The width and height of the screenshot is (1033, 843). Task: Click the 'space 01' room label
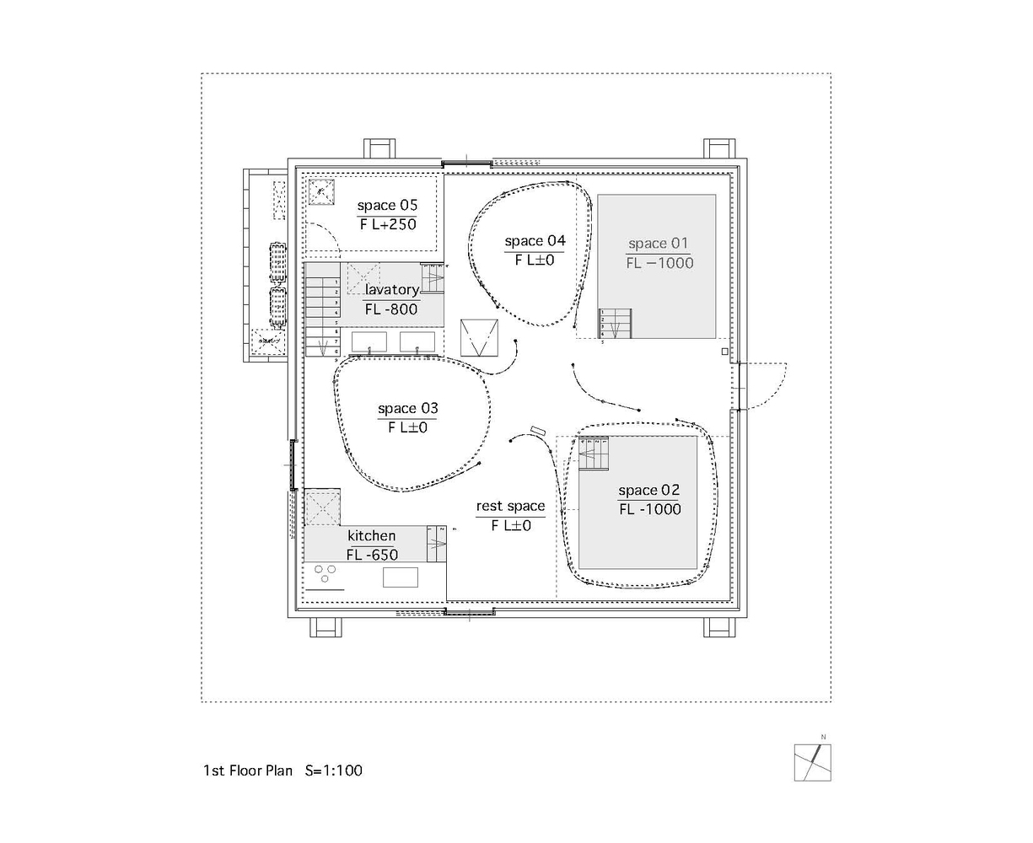[x=659, y=244]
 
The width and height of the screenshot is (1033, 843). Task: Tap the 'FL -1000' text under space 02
[x=649, y=509]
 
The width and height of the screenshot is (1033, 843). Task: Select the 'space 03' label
[x=407, y=409]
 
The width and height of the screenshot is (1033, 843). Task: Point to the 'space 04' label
[x=535, y=241]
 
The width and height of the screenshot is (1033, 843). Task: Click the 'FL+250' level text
[x=388, y=224]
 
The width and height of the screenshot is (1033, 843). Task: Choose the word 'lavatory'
[x=391, y=290]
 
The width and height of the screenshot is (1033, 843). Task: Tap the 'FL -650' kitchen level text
[x=372, y=554]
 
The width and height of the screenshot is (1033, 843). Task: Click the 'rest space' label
[x=510, y=506]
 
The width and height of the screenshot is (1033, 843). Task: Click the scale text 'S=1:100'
[x=334, y=771]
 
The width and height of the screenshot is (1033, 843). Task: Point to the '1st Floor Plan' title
[x=248, y=771]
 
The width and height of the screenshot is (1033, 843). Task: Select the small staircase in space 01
[x=615, y=324]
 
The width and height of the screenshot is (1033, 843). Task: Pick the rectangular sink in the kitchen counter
[x=401, y=577]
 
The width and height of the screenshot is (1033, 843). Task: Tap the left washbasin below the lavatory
[x=369, y=342]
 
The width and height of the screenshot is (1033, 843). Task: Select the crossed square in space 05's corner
[x=320, y=193]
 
